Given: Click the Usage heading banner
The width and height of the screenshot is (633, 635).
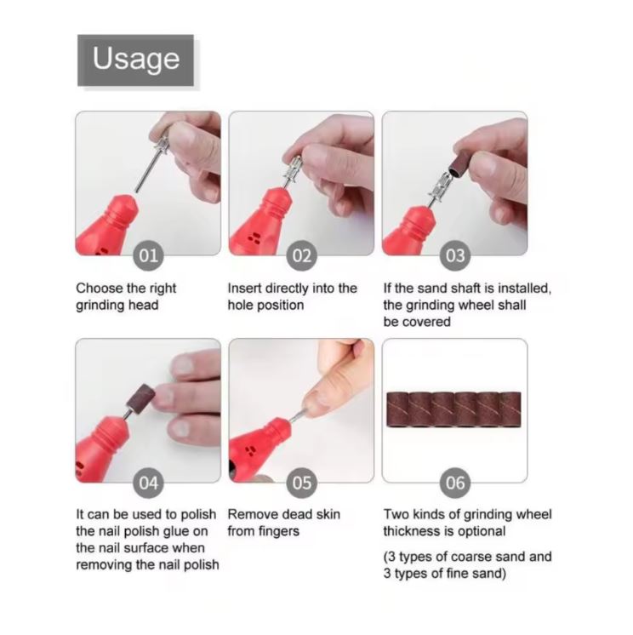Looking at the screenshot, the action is (x=135, y=60).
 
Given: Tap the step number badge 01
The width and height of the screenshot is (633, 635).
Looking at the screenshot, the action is (x=149, y=255).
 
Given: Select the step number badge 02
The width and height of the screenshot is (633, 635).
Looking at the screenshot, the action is (x=301, y=255).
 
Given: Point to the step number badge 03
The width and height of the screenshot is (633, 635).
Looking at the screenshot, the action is (x=455, y=255).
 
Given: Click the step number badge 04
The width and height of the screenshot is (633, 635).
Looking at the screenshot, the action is (x=149, y=483).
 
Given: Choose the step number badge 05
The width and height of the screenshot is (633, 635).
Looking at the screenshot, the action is (x=301, y=483).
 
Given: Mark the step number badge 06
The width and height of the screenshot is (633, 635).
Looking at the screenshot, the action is (x=455, y=483).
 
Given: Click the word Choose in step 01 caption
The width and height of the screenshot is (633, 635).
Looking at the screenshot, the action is (x=100, y=288).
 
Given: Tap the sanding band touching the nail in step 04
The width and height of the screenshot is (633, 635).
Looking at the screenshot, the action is (x=140, y=398).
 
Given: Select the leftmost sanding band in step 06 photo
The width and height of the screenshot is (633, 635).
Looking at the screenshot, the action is (x=398, y=409).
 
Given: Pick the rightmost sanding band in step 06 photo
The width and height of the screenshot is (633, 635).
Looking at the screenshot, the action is (x=510, y=409).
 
